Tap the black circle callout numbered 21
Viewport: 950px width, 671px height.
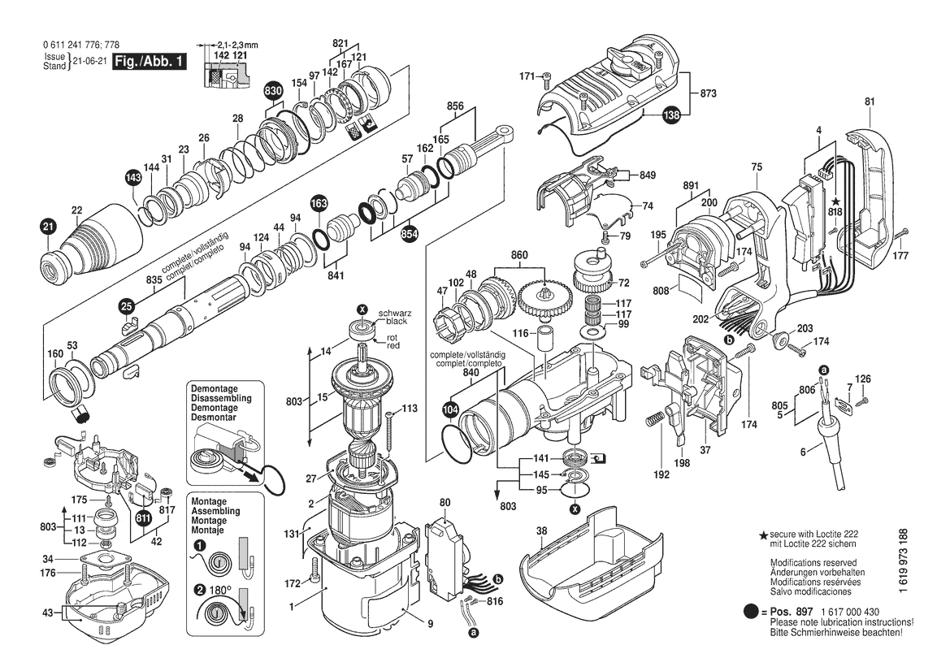tap(48, 227)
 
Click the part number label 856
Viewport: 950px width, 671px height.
tap(455, 106)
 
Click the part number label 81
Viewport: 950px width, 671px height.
tap(870, 102)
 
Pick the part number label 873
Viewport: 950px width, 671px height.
tap(708, 95)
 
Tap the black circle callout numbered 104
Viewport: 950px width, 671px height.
tap(451, 411)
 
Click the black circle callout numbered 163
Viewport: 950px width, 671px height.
tap(319, 202)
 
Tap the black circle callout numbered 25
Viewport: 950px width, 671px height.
tap(126, 306)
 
